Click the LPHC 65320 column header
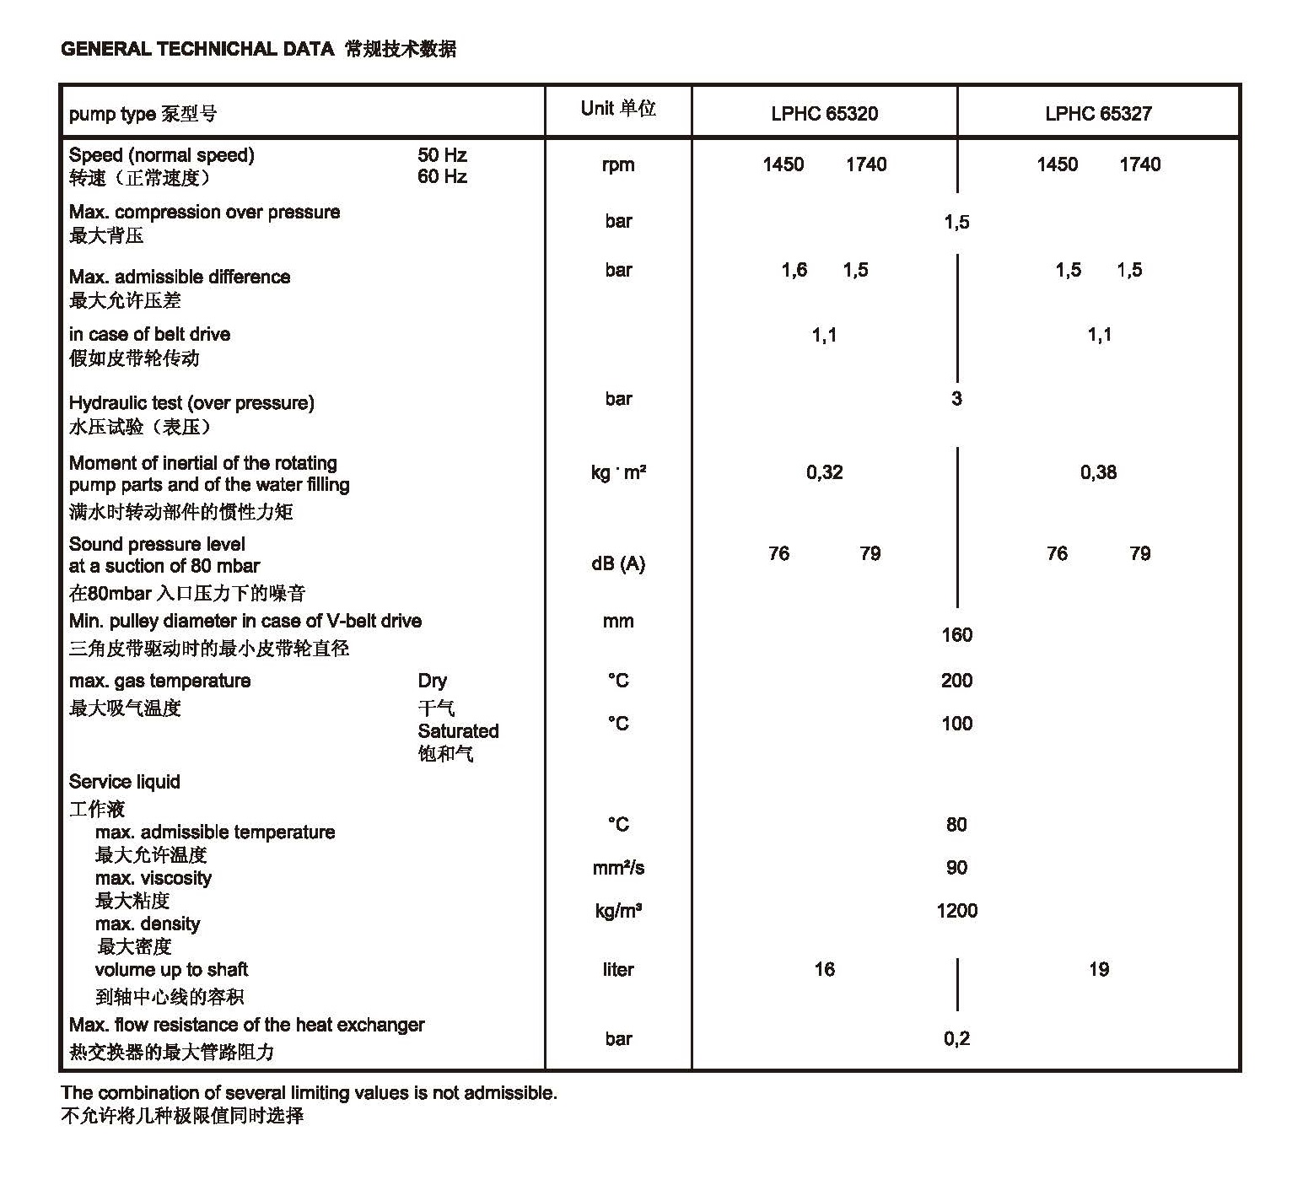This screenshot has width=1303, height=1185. pos(824,114)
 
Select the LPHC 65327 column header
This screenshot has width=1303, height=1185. pos(1098,114)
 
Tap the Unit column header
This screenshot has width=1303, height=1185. pos(618,108)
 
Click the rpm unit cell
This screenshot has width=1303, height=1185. pos(618,164)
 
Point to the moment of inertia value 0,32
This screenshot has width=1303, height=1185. pos(824,472)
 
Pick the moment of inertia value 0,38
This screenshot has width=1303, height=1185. pos(1098,472)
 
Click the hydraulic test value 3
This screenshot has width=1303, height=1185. pos(956,398)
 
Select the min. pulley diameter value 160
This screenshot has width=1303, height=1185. pos(956,635)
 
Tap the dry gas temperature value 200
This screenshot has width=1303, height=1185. pos(956,681)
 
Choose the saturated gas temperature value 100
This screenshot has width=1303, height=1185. pos(956,724)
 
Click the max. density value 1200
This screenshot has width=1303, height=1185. pos(956,911)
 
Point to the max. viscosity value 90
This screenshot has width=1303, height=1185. pos(956,868)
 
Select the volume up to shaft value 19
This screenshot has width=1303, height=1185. pos(1098,969)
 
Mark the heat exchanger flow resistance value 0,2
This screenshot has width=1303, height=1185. pos(956,1038)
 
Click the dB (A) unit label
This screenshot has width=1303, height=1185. pos(618,563)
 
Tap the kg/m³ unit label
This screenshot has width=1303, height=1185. pos(618,911)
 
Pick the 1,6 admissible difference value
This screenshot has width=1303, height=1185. pos(794,270)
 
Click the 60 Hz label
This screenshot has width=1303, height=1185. pos(442,177)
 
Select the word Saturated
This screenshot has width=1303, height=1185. pos(458,731)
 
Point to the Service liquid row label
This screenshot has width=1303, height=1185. pos(125,782)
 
